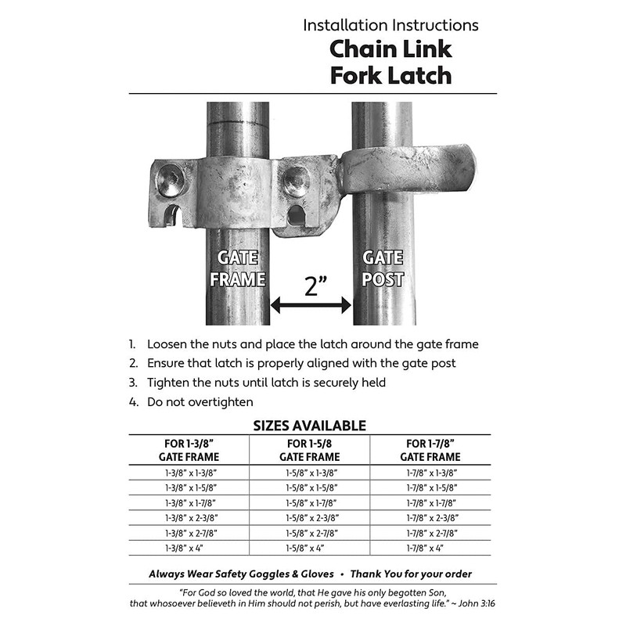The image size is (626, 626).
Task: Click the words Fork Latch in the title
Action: click(x=390, y=75)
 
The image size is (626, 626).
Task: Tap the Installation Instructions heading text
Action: click(x=390, y=24)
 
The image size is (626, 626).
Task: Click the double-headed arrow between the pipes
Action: click(x=311, y=306)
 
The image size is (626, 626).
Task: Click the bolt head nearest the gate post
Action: click(x=297, y=182)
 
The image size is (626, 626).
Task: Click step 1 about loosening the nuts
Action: click(x=313, y=344)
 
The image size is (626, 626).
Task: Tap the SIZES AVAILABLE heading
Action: click(x=309, y=426)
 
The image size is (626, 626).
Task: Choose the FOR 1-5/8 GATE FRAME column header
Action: click(x=309, y=450)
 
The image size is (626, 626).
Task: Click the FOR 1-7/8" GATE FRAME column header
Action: click(x=430, y=450)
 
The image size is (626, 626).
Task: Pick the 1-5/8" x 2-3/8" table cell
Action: click(x=309, y=518)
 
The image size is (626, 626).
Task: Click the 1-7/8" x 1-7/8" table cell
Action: click(x=430, y=503)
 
